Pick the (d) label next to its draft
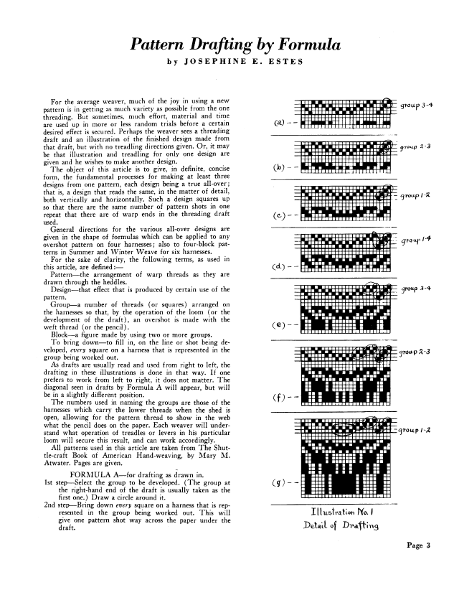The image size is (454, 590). [x=279, y=268]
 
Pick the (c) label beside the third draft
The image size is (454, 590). [x=279, y=215]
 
